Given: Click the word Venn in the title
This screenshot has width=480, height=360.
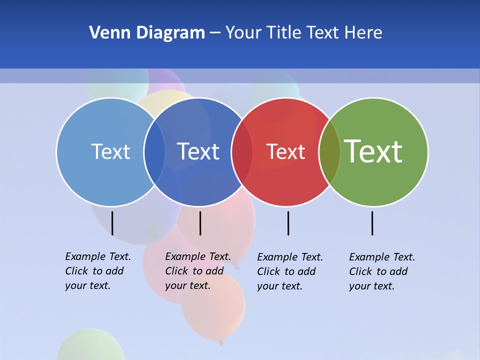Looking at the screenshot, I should pos(104,33).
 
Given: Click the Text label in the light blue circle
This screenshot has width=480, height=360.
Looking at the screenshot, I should pos(110,151).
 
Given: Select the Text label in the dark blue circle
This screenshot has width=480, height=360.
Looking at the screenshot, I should pos(198,151).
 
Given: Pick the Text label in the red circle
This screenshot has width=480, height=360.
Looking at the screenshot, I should pos(285,152).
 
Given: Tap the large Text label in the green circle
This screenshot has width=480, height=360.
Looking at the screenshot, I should pos(373,151).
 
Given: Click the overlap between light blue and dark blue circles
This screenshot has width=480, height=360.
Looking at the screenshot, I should pos(154,152).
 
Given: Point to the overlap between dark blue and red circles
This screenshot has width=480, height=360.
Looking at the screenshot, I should pos(242,152).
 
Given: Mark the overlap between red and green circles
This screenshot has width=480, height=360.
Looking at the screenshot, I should pos(329,152).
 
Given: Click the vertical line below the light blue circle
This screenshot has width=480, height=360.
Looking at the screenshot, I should pos(112,223).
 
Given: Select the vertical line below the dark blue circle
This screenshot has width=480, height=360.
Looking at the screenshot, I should pos(200,223).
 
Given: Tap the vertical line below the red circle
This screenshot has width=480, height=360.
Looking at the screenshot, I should pos(288,223).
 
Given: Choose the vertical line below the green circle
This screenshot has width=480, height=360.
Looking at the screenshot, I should pos(372,223).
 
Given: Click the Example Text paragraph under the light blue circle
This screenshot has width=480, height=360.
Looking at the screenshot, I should pos(97,271).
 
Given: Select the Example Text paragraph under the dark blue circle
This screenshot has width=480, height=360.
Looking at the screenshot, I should pos(197,271).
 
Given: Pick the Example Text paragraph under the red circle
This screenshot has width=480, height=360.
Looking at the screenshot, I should pos(289,271).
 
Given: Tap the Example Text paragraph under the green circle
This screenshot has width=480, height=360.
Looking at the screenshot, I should pos(381,271).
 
